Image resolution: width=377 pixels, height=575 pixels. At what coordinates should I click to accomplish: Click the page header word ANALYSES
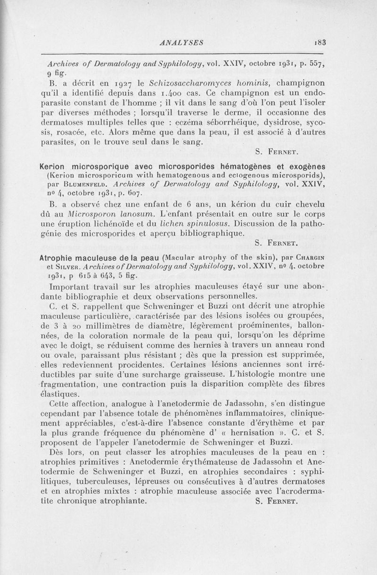[181, 42]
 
